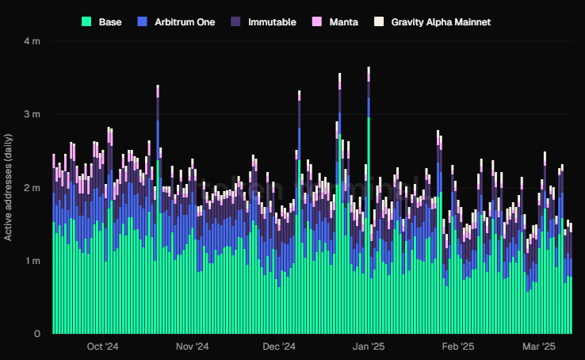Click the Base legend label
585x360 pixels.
(x=110, y=22)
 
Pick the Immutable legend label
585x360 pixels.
(x=272, y=22)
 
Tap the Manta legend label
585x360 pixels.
(x=343, y=22)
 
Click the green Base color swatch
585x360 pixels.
(x=86, y=22)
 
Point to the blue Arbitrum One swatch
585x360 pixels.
(x=142, y=22)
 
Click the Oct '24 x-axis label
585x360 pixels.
(x=102, y=347)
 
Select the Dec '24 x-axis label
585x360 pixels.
(x=279, y=347)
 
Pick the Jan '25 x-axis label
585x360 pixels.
(x=369, y=347)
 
